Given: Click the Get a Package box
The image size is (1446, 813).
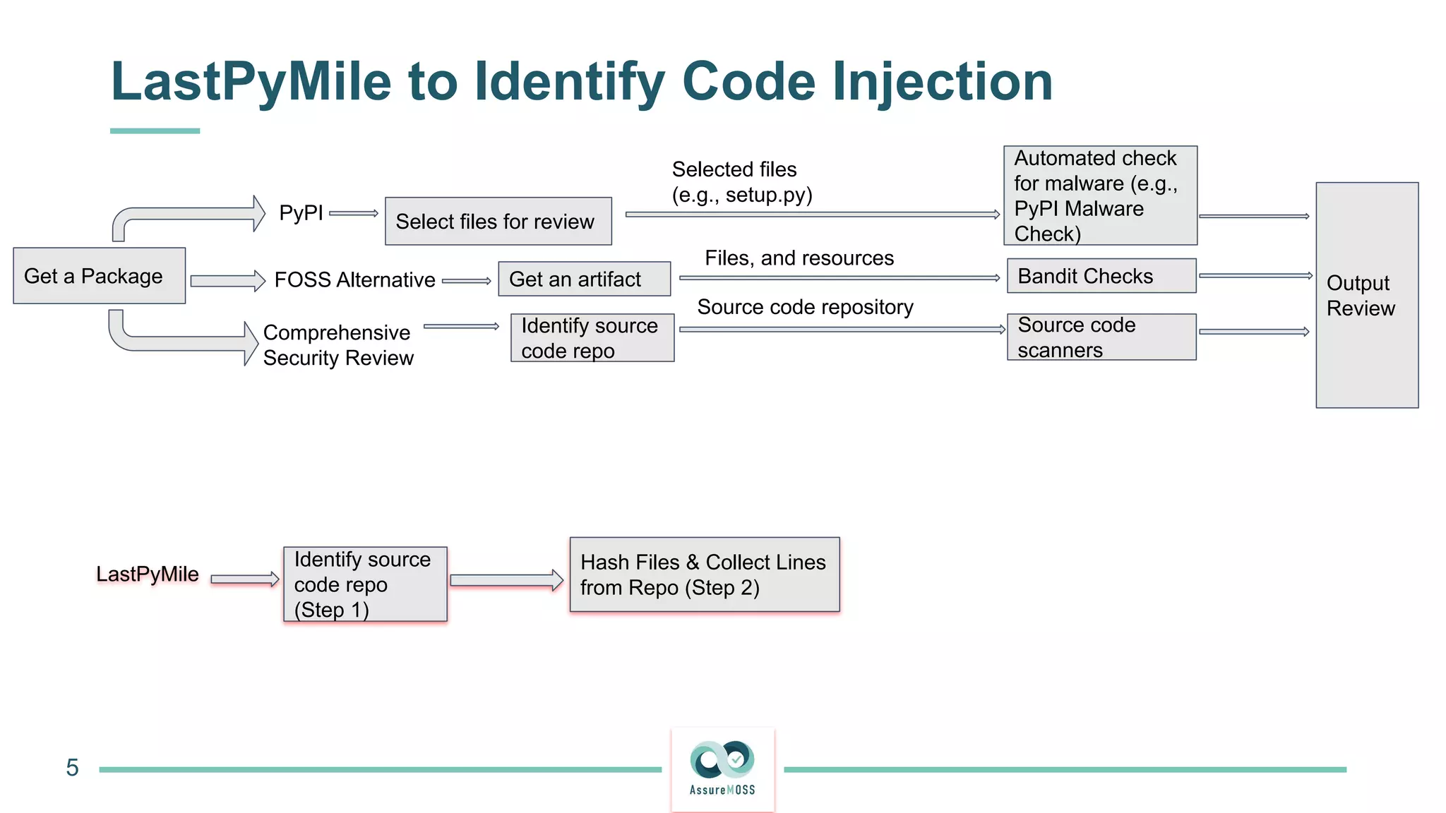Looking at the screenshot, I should [x=99, y=276].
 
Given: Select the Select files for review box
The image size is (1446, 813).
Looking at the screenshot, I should [x=498, y=222].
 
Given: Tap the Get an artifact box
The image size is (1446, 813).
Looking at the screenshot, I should [x=584, y=279].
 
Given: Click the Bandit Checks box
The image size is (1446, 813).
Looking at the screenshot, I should [x=1101, y=276].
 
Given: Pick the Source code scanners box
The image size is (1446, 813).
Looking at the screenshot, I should [x=1101, y=337].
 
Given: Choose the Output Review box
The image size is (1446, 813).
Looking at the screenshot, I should [x=1366, y=295].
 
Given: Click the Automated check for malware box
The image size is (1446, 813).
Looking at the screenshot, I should [x=1099, y=195].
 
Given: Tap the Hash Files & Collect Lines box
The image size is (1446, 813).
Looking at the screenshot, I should [x=704, y=574].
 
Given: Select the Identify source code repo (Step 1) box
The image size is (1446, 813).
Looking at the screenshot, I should [x=365, y=584].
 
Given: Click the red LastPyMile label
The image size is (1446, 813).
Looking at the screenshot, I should [x=148, y=574].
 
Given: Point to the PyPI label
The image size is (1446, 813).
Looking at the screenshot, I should [x=301, y=212].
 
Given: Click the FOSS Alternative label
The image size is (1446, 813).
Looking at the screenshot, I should [x=354, y=280].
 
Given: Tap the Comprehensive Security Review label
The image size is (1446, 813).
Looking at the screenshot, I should [x=337, y=345].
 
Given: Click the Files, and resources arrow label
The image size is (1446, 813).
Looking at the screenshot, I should [x=799, y=258].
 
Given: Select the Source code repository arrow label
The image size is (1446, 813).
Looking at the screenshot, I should [x=805, y=307].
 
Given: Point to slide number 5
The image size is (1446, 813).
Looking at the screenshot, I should [x=72, y=768].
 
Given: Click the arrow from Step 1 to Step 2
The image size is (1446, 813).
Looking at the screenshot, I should [x=506, y=580].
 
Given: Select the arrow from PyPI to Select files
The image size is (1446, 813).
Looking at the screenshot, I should [x=353, y=213].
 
